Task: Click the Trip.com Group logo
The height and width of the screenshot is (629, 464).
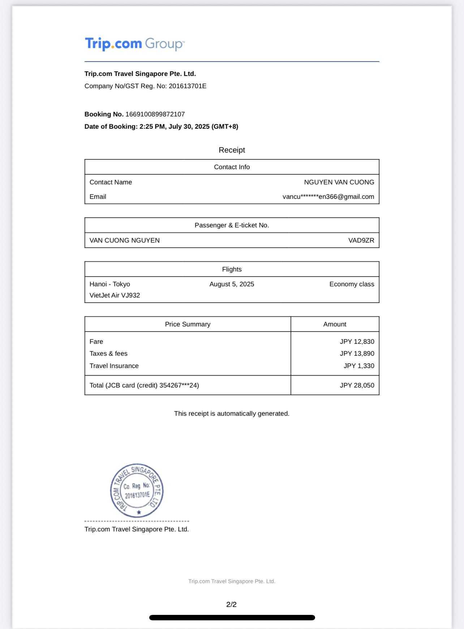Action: [x=134, y=44]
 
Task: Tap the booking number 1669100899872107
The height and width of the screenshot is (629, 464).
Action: [x=155, y=114]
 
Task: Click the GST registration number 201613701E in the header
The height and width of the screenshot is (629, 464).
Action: [x=188, y=86]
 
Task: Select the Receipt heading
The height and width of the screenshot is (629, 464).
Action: [x=232, y=150]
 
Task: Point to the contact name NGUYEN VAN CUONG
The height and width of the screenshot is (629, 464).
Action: [x=339, y=182]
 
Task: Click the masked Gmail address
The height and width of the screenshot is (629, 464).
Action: [x=328, y=197]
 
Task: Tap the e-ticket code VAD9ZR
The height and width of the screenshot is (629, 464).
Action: [x=361, y=240]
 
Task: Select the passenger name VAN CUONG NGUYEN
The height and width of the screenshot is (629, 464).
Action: [x=125, y=240]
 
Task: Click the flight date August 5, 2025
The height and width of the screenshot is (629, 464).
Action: [x=232, y=284]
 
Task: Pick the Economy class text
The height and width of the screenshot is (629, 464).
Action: [x=352, y=284]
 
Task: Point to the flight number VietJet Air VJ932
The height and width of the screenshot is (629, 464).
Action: [x=115, y=295]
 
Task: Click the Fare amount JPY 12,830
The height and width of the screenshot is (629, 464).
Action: [x=357, y=342]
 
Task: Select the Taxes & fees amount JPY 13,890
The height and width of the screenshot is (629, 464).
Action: [x=357, y=354]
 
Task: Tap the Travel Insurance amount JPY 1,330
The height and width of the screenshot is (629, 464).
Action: [x=358, y=366]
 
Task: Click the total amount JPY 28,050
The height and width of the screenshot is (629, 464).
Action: [x=357, y=385]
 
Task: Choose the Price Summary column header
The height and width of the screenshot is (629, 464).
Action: [x=188, y=324]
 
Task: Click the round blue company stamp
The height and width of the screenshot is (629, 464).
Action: [x=137, y=491]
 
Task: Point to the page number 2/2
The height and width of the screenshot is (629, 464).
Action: [x=231, y=604]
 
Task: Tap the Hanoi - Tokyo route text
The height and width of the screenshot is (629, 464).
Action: [x=110, y=284]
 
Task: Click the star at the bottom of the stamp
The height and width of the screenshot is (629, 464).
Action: [x=139, y=512]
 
